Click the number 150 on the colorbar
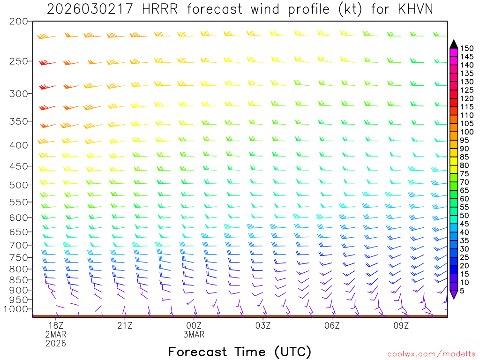click(x=467, y=48)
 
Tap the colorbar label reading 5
click(x=462, y=291)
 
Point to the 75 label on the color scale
click(x=465, y=173)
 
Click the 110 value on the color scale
click(x=467, y=115)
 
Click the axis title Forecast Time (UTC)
click(x=240, y=352)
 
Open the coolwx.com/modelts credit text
click(x=431, y=353)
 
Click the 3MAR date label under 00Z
click(x=194, y=335)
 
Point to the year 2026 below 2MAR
click(x=56, y=343)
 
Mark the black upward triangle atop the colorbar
click(x=454, y=44)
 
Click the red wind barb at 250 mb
click(x=46, y=63)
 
